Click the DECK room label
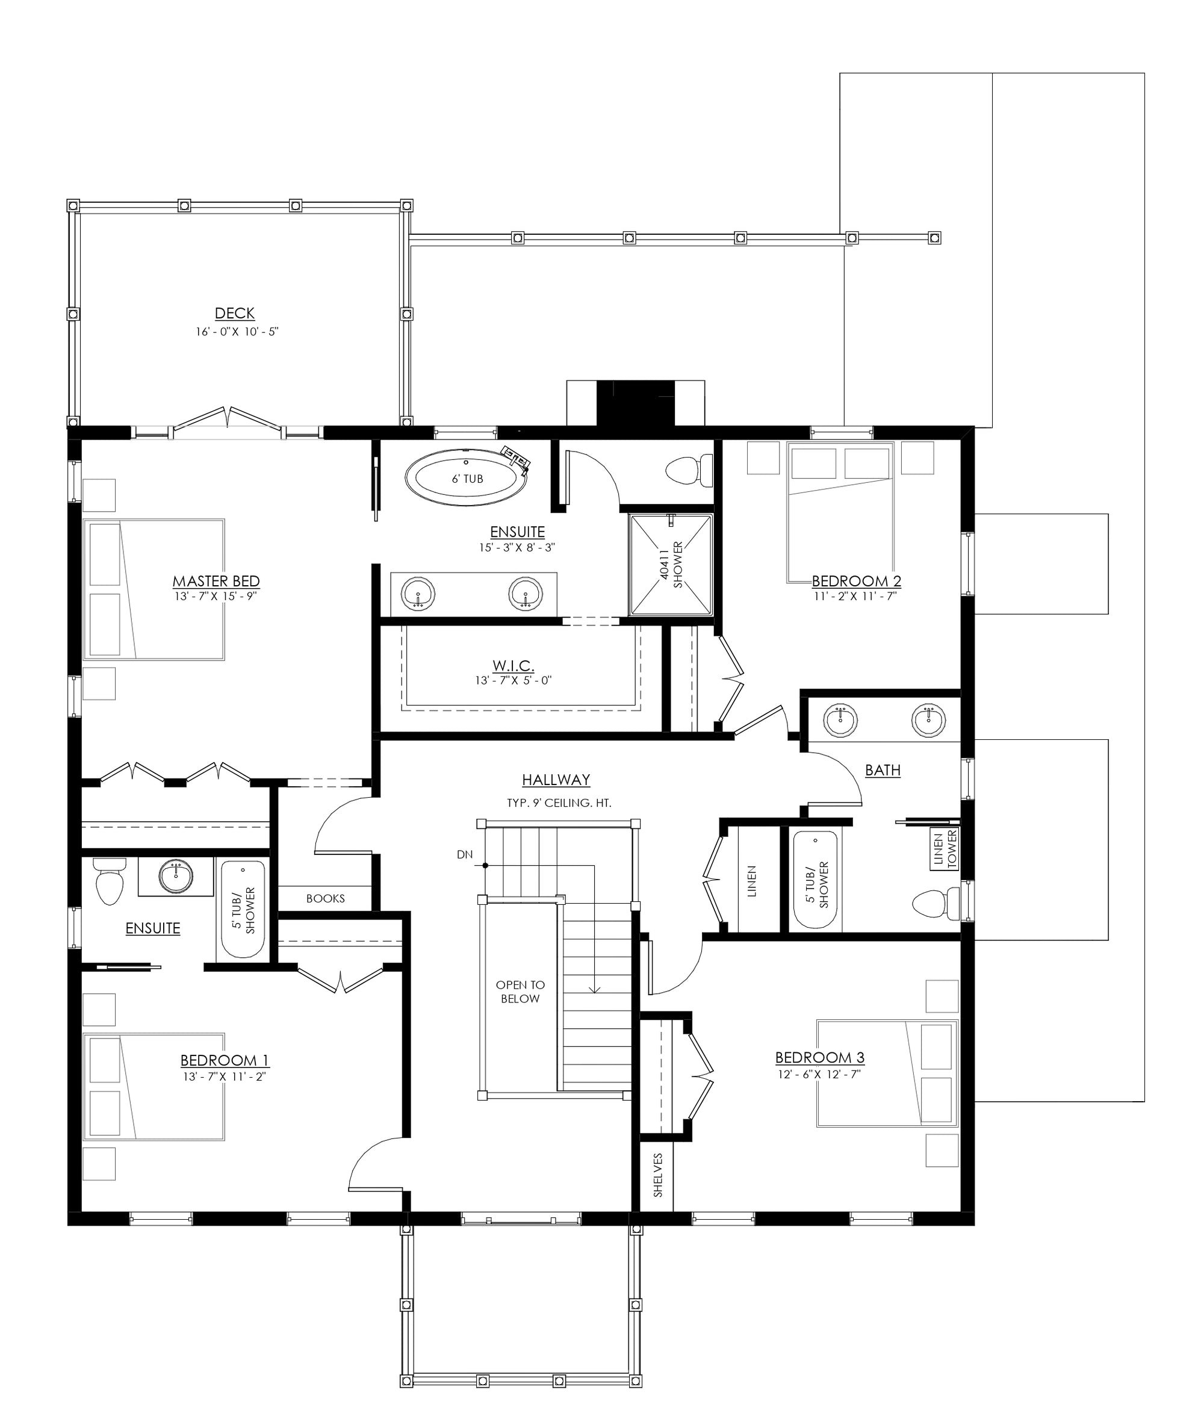[235, 313]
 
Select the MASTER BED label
[216, 581]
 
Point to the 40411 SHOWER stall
[671, 565]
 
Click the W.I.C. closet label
[514, 665]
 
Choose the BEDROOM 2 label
[857, 581]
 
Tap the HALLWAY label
[556, 780]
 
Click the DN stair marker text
[465, 854]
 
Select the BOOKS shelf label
[326, 898]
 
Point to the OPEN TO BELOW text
[520, 992]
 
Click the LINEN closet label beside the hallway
[751, 881]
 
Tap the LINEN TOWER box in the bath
[945, 849]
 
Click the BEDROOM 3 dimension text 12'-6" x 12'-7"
[820, 1073]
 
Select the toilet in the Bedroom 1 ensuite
[109, 881]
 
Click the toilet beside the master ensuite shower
[689, 470]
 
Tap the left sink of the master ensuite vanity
[418, 594]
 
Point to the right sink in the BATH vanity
[929, 720]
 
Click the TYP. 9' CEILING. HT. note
[559, 803]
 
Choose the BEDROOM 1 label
[225, 1060]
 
